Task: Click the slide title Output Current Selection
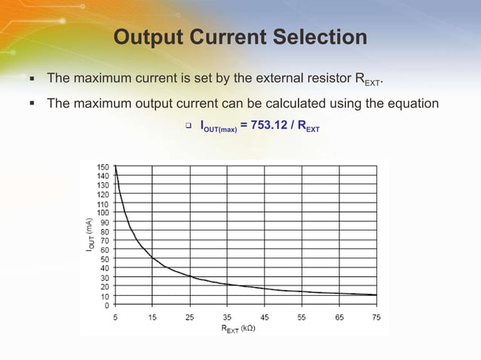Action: (240, 37)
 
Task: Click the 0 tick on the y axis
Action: (106, 305)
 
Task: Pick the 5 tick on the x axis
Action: (115, 317)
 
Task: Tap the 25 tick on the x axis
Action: (190, 317)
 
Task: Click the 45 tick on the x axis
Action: (265, 317)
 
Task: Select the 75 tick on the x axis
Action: (376, 317)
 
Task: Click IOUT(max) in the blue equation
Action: (218, 127)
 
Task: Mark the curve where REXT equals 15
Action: (152, 258)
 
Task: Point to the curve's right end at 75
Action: (376, 295)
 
